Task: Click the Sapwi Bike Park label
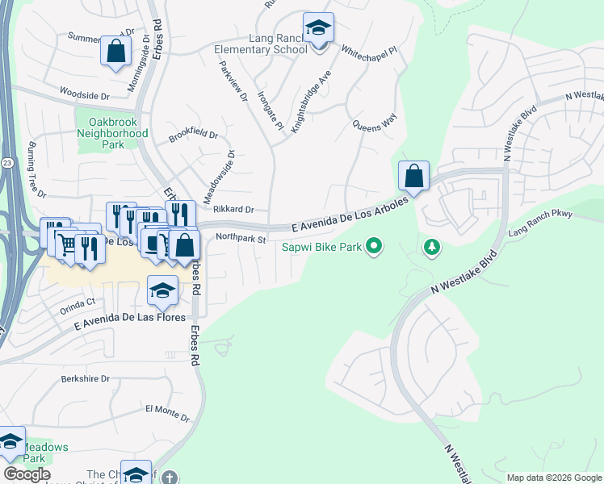(x=320, y=246)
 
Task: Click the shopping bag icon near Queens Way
(x=413, y=177)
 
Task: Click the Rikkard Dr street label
(x=234, y=209)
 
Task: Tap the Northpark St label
(x=241, y=239)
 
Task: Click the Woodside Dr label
(x=107, y=95)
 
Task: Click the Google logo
(x=27, y=474)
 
